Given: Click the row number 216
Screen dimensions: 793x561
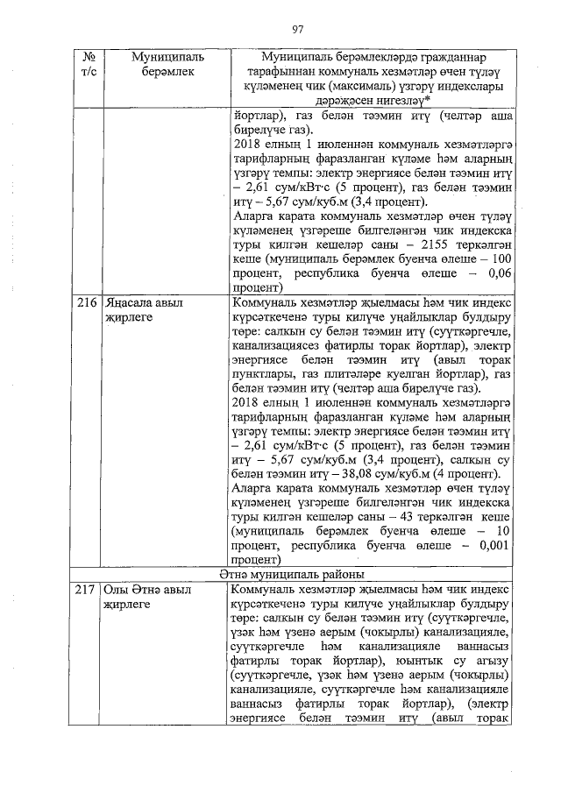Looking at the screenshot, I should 86,303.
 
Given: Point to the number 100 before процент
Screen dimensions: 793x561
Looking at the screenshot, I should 497,260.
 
